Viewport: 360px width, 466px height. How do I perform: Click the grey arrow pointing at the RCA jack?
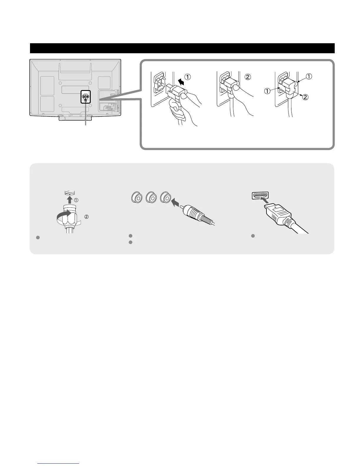[175, 202]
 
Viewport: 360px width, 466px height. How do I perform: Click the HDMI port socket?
[260, 196]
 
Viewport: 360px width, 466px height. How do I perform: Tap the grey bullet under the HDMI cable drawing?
[253, 236]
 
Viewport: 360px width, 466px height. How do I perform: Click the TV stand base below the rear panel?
[75, 118]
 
